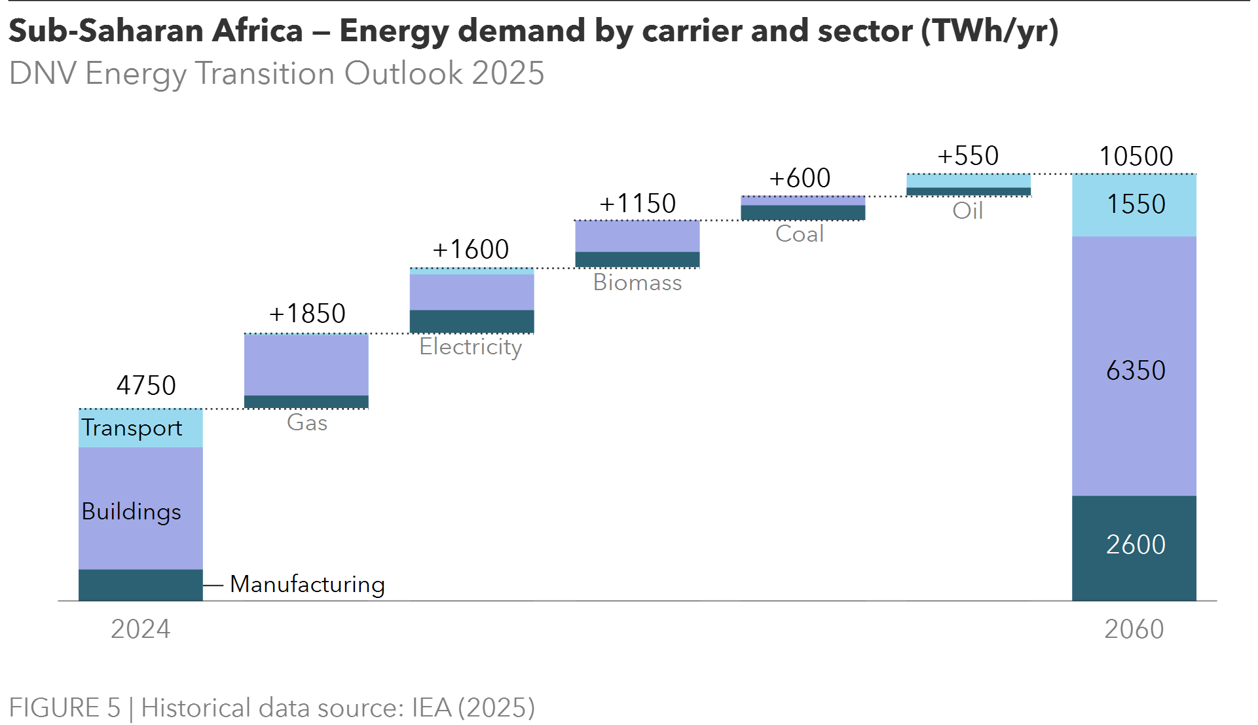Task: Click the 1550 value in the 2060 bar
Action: pos(1136,204)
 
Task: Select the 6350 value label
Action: pos(1136,371)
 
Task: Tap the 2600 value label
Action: pos(1136,545)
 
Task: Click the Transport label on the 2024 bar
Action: pos(132,428)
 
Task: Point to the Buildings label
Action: pos(131,511)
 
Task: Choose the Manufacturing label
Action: pos(307,584)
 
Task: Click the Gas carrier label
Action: pos(307,422)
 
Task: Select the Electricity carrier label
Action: pos(470,346)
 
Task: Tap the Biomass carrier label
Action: pos(637,282)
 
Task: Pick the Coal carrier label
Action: pos(799,234)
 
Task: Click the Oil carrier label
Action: pos(967,211)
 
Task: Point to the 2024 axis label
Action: pos(140,629)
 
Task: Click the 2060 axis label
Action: pos(1134,629)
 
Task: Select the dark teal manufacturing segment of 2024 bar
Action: pos(140,585)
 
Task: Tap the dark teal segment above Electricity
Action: pos(472,321)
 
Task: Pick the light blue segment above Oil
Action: pos(969,181)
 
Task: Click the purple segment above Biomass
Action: pos(637,236)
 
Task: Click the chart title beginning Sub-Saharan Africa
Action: pos(533,31)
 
